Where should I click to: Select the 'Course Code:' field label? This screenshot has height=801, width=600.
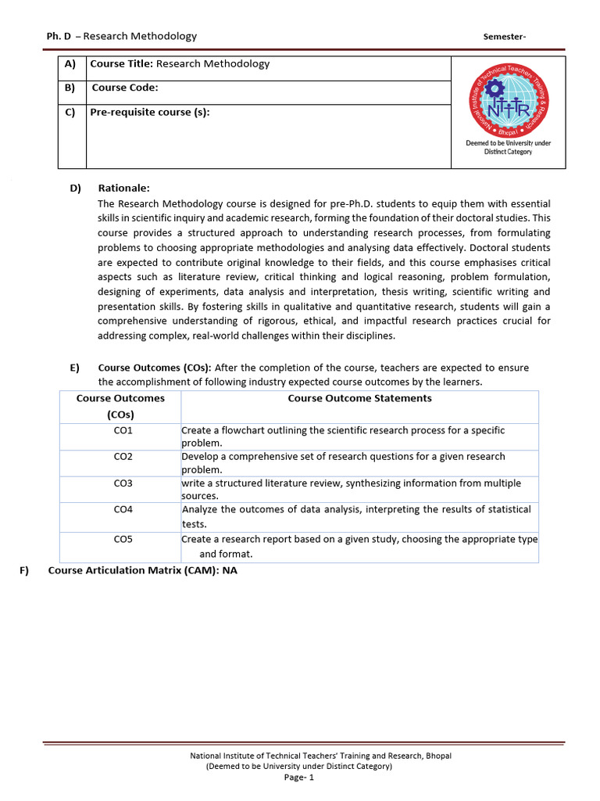(125, 88)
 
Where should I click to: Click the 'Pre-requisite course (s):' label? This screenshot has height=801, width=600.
(150, 112)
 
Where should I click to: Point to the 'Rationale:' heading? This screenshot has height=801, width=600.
(123, 189)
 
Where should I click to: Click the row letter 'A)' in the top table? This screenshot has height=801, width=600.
(70, 64)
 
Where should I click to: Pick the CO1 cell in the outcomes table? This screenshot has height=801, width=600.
(123, 430)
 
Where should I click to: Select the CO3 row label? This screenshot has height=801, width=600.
(123, 483)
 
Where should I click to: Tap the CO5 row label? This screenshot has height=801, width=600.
(123, 539)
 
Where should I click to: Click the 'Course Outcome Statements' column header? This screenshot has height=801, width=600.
(359, 398)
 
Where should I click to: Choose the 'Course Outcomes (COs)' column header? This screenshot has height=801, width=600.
(120, 406)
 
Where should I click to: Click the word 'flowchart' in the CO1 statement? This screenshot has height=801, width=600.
(246, 430)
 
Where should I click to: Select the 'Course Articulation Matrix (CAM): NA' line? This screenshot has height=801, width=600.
(142, 570)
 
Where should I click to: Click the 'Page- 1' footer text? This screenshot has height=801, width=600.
(299, 778)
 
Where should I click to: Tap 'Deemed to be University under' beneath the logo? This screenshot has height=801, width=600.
(509, 143)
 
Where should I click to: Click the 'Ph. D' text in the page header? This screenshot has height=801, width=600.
(59, 36)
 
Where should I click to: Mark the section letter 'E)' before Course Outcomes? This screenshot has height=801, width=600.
(74, 368)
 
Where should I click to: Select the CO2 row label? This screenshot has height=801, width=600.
(123, 456)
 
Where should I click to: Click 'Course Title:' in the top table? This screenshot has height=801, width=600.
(122, 64)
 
